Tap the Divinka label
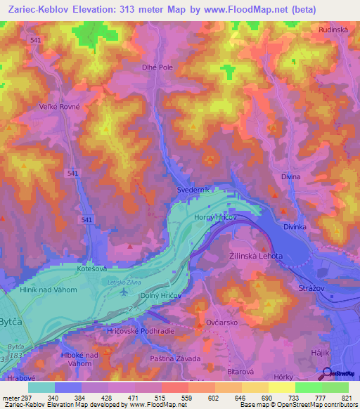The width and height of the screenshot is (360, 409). tap(295, 228)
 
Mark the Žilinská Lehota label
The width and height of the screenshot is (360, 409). tap(257, 257)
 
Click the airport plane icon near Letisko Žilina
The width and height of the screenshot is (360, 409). tap(124, 290)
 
